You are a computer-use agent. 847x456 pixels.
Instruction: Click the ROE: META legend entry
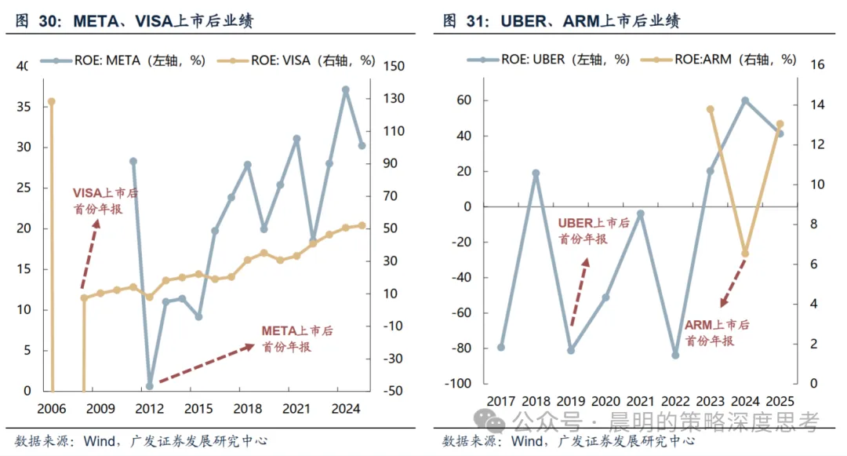click(122, 60)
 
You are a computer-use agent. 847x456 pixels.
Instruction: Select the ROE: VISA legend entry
click(296, 60)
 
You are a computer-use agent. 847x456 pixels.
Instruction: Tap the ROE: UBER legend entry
click(548, 60)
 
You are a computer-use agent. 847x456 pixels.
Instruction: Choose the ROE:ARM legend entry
click(718, 60)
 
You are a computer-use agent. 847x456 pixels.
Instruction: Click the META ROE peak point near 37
click(346, 89)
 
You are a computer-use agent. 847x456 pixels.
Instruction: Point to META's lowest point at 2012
click(150, 386)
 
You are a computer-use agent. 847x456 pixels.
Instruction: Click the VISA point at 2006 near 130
click(51, 101)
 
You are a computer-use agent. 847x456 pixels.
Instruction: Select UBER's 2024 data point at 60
click(745, 100)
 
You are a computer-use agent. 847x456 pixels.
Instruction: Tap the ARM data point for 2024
click(746, 254)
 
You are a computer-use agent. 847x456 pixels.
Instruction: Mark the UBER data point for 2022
click(675, 355)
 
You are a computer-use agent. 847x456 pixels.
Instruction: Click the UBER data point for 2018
click(536, 173)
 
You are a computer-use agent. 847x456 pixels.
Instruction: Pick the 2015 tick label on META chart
click(198, 408)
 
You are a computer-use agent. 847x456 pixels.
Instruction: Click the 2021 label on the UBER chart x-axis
click(641, 401)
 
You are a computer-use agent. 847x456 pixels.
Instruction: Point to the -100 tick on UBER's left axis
click(457, 384)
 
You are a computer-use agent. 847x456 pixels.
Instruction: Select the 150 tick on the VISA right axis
click(394, 66)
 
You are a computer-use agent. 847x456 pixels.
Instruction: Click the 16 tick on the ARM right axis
click(818, 65)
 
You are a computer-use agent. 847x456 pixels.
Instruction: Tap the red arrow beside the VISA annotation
click(90, 254)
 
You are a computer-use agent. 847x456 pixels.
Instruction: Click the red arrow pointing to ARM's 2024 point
click(733, 283)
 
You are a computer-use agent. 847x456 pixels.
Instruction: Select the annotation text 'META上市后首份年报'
click(297, 339)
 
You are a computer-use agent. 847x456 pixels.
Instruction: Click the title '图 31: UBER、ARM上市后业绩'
click(562, 20)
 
